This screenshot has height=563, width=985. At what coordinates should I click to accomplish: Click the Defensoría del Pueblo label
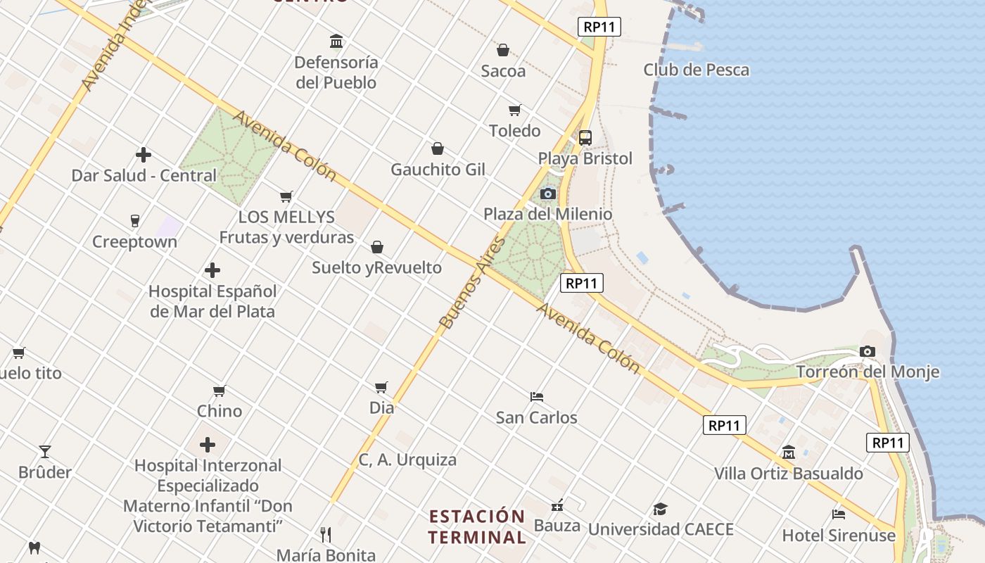pyautogui.click(x=336, y=72)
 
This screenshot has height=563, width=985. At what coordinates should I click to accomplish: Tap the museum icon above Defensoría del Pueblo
pyautogui.click(x=336, y=42)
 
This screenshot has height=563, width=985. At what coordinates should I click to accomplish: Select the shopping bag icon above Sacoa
pyautogui.click(x=503, y=50)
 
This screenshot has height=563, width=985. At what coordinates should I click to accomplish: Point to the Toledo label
pyautogui.click(x=515, y=131)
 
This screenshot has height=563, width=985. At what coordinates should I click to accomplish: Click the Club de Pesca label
pyautogui.click(x=696, y=70)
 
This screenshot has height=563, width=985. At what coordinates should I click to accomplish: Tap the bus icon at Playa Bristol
pyautogui.click(x=585, y=138)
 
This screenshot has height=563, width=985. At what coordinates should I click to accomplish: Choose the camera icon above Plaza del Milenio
pyautogui.click(x=547, y=194)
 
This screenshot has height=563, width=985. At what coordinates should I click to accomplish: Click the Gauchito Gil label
pyautogui.click(x=438, y=170)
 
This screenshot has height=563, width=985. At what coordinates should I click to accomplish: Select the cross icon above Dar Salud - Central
pyautogui.click(x=144, y=155)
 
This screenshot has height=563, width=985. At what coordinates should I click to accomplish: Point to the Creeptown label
pyautogui.click(x=135, y=242)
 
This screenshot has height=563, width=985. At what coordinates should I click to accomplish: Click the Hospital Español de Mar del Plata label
pyautogui.click(x=212, y=301)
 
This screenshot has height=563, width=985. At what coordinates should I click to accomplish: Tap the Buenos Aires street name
pyautogui.click(x=472, y=283)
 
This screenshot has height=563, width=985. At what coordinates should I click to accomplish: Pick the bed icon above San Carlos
pyautogui.click(x=537, y=397)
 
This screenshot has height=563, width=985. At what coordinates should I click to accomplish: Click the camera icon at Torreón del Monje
pyautogui.click(x=868, y=351)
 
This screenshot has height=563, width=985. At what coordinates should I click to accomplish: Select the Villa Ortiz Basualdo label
pyautogui.click(x=789, y=474)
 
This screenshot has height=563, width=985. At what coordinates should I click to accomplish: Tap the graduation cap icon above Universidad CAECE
pyautogui.click(x=660, y=509)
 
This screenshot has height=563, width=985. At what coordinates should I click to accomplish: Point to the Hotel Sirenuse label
pyautogui.click(x=839, y=536)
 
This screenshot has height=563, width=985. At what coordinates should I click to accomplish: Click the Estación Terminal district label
pyautogui.click(x=478, y=526)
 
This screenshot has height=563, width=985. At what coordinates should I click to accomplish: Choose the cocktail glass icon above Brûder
pyautogui.click(x=45, y=451)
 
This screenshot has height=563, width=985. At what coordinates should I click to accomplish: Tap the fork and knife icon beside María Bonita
pyautogui.click(x=326, y=535)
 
